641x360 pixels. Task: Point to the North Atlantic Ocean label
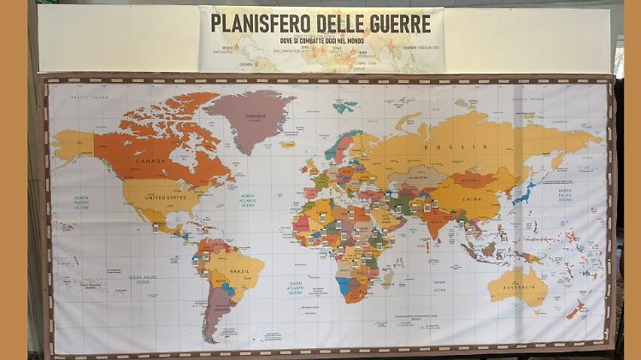(248, 201)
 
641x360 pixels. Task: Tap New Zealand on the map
(578, 309)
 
